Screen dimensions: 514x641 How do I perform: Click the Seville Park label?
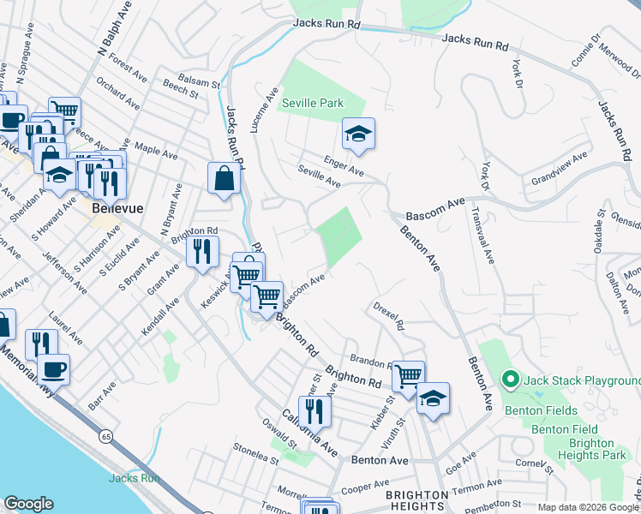pyautogui.click(x=313, y=103)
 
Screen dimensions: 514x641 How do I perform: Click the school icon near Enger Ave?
pyautogui.click(x=359, y=134)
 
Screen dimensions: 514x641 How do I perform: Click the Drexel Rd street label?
pyautogui.click(x=388, y=314)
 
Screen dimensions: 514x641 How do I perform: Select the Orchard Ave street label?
pyautogui.click(x=118, y=94)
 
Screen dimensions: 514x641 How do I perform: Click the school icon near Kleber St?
pyautogui.click(x=434, y=398)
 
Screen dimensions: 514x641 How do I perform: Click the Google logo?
pyautogui.click(x=28, y=504)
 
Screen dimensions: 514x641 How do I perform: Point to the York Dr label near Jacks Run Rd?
pyautogui.click(x=516, y=75)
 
